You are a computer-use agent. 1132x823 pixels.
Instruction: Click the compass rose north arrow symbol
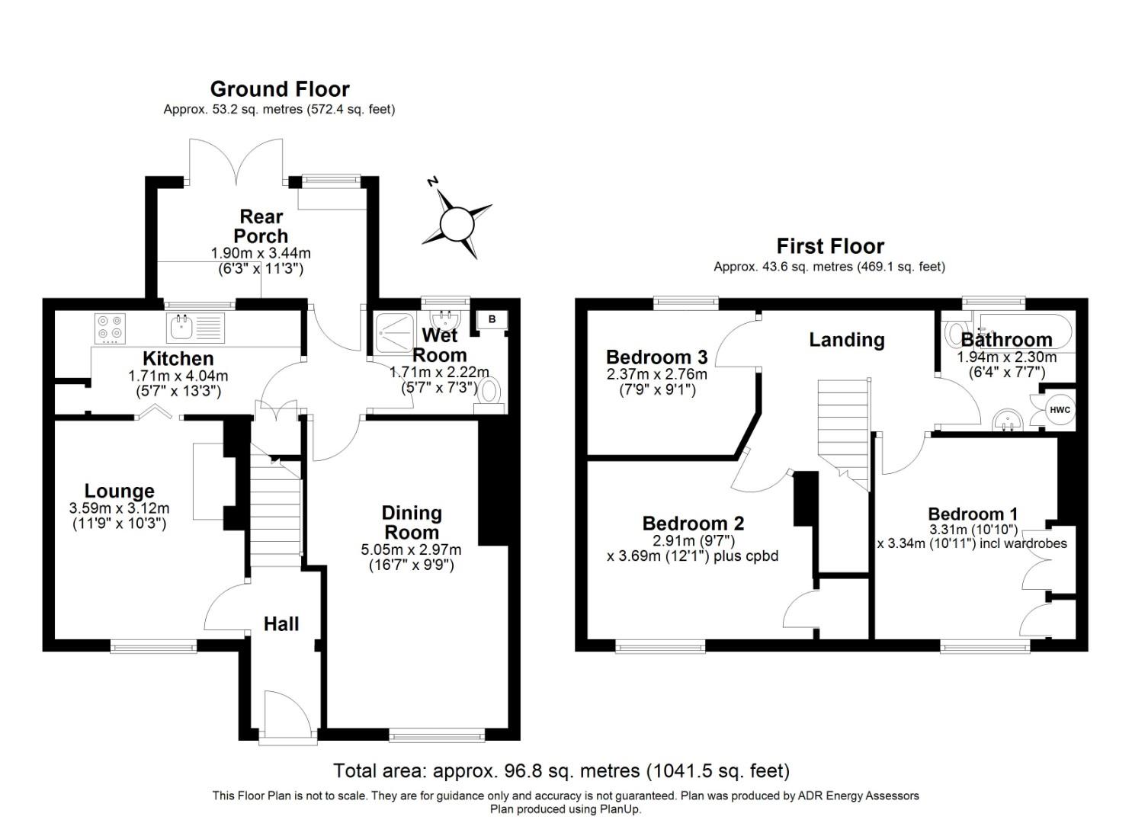point(457,223)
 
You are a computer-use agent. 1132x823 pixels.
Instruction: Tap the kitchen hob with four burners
point(108,328)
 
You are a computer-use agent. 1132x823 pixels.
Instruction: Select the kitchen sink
point(181,328)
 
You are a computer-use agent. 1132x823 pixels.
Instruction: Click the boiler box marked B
point(492,319)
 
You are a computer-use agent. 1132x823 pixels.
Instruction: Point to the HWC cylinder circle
point(1060,410)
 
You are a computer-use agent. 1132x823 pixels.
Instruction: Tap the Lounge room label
point(119,492)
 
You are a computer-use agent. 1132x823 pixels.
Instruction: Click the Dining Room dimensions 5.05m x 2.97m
point(411,549)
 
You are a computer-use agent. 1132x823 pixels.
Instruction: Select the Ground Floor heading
point(280,89)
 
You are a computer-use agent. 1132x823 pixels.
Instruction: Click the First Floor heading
point(829,246)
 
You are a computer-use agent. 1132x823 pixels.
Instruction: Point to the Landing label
point(846,340)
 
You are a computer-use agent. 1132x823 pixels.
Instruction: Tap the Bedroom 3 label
point(656,357)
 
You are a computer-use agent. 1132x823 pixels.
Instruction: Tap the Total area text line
point(561,770)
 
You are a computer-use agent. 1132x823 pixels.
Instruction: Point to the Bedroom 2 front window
point(660,648)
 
